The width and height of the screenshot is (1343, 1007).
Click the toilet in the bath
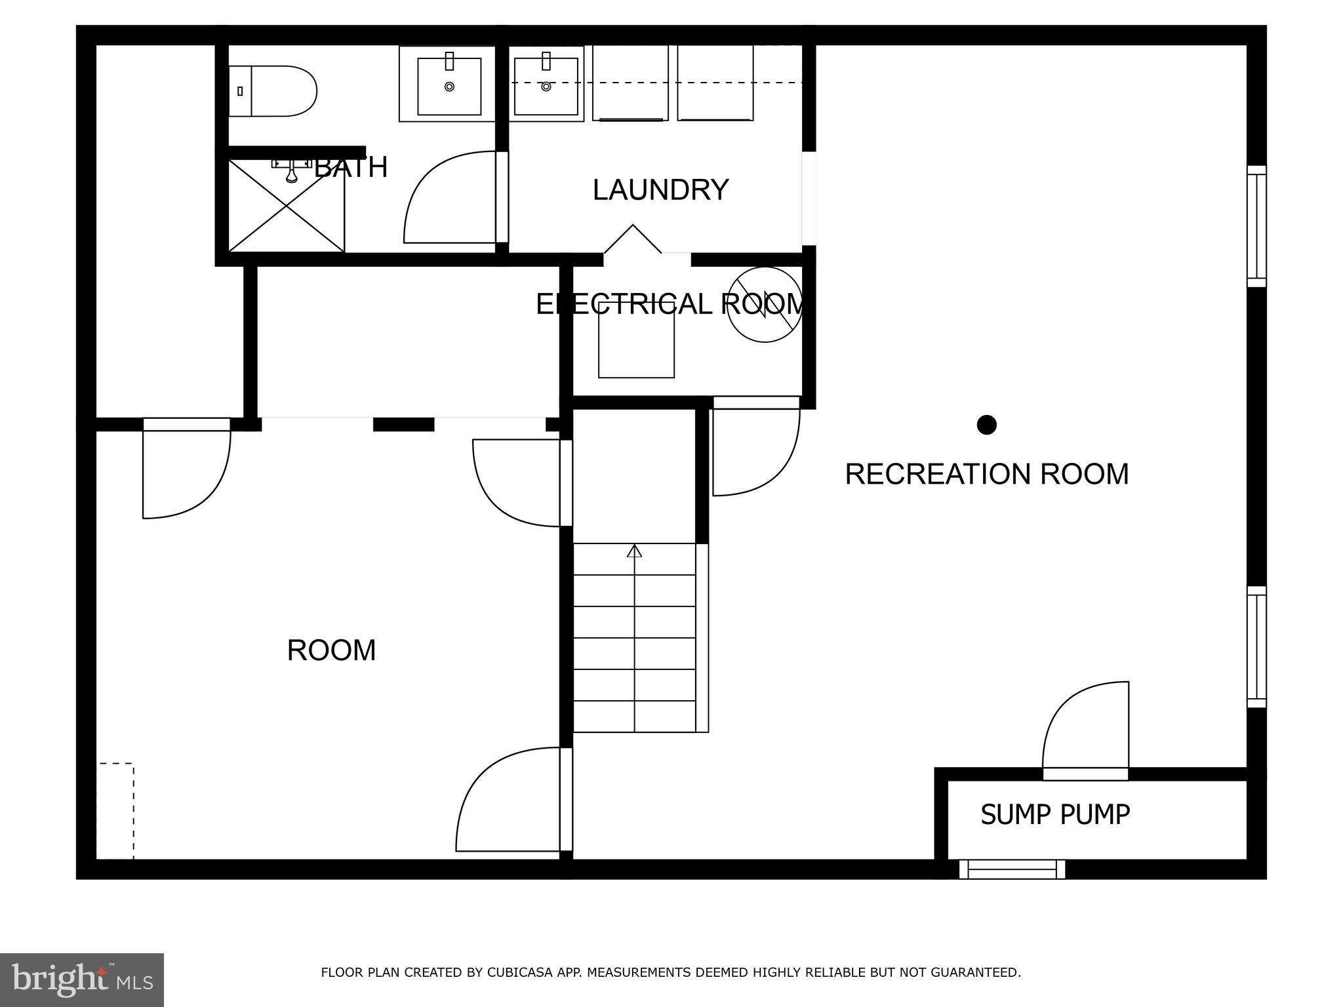(x=275, y=91)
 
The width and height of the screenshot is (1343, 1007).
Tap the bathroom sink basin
(x=449, y=86)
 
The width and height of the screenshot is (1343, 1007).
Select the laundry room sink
(x=546, y=86)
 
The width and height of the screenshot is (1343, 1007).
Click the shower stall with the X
(x=287, y=206)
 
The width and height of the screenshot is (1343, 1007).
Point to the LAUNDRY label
(x=660, y=190)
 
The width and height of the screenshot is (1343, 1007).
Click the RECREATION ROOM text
(x=986, y=474)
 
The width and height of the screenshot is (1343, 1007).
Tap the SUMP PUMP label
(x=1054, y=814)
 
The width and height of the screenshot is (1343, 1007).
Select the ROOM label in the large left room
(x=331, y=650)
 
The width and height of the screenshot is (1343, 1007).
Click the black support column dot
(x=986, y=425)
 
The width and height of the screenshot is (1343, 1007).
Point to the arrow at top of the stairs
(x=634, y=551)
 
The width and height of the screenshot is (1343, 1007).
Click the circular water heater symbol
(x=765, y=304)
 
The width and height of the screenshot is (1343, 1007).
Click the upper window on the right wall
(x=1256, y=226)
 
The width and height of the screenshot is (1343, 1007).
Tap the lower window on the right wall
(x=1256, y=647)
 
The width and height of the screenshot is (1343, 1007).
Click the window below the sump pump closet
(x=1012, y=869)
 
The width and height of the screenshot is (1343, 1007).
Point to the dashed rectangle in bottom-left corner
(x=116, y=811)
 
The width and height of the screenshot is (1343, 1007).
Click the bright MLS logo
(x=81, y=979)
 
